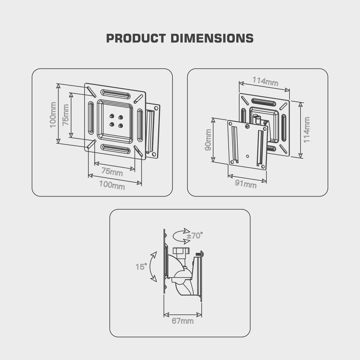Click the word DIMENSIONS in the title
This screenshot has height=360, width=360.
coord(212,38)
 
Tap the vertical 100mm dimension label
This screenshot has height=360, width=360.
coord(53,115)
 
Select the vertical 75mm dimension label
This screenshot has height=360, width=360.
coord(66,115)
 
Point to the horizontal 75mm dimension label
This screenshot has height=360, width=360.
coord(112,172)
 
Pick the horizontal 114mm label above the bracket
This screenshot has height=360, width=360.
coord(265,82)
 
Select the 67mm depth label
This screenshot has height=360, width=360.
coord(182,321)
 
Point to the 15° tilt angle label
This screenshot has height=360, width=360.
coord(141,267)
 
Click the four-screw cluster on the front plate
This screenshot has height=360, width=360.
coord(116,121)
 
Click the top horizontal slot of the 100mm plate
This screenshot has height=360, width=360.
coord(116,94)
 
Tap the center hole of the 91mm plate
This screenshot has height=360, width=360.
coord(247,156)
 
